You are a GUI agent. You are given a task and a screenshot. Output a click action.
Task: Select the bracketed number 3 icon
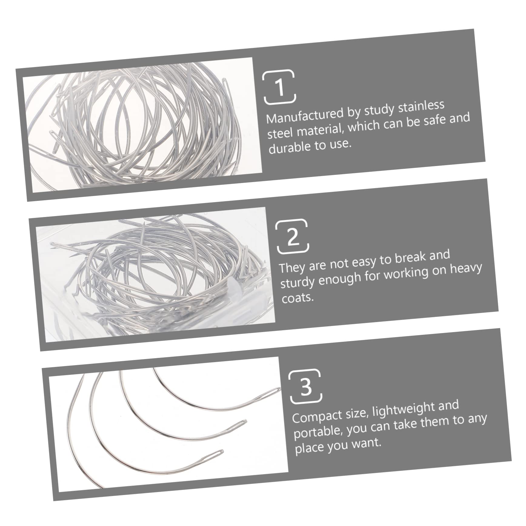(x=306, y=386)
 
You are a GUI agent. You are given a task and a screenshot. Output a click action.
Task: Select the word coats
(x=298, y=298)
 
